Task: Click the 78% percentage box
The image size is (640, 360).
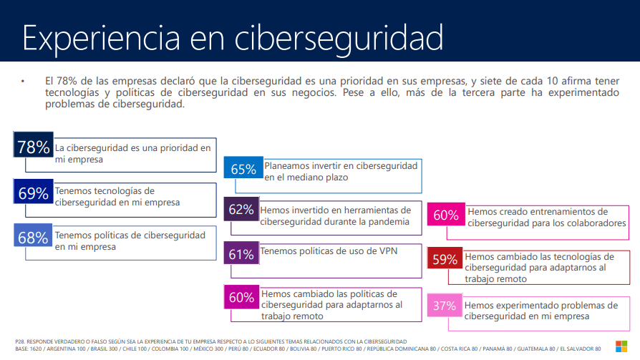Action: click(x=34, y=145)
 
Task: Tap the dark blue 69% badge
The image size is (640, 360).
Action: click(x=34, y=191)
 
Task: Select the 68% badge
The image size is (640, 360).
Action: click(x=33, y=235)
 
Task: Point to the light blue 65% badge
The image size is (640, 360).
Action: click(x=243, y=167)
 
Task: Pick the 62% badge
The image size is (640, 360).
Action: click(x=241, y=209)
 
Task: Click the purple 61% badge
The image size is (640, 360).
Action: click(x=241, y=253)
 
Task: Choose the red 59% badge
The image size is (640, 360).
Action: click(x=445, y=258)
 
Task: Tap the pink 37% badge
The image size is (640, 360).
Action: click(x=445, y=306)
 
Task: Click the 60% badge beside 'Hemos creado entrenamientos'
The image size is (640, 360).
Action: click(x=446, y=214)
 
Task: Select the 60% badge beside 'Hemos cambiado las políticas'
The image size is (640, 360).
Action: click(x=242, y=297)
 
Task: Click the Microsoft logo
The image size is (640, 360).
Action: click(x=621, y=346)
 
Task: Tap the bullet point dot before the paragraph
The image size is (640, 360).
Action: click(x=22, y=81)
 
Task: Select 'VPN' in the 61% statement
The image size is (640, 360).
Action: click(x=388, y=251)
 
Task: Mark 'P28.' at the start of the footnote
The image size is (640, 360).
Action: click(x=20, y=341)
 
